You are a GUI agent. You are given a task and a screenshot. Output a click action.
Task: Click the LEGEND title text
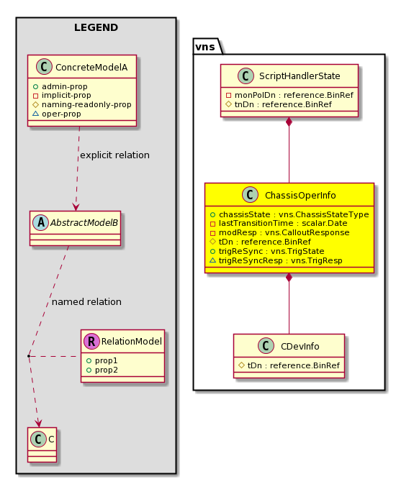pyautogui.click(x=96, y=27)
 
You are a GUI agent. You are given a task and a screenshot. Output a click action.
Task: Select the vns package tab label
pyautogui.click(x=205, y=47)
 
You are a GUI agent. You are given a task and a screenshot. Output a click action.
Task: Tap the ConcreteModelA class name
pyautogui.click(x=91, y=67)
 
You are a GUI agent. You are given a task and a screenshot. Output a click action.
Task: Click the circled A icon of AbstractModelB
pyautogui.click(x=41, y=222)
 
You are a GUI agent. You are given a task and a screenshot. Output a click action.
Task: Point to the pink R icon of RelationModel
pyautogui.click(x=91, y=341)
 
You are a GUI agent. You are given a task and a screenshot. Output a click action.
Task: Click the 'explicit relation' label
pyautogui.click(x=115, y=155)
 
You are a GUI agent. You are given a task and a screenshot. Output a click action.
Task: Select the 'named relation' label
pyautogui.click(x=86, y=301)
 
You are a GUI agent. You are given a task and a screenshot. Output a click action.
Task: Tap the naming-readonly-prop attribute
pyautogui.click(x=86, y=104)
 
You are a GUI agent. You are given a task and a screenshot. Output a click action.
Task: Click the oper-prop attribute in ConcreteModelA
pyautogui.click(x=61, y=114)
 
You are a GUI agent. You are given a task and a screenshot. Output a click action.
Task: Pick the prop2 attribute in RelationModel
pyautogui.click(x=106, y=370)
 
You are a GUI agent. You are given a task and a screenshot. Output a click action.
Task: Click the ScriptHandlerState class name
pyautogui.click(x=300, y=76)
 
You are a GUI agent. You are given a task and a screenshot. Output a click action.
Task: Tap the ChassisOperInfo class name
pyautogui.click(x=300, y=195)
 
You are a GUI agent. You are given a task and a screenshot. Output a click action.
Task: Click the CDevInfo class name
pyautogui.click(x=300, y=346)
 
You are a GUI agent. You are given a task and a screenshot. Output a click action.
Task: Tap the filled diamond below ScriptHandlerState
pyautogui.click(x=289, y=122)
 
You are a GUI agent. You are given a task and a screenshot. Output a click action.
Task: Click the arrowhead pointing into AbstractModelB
pyautogui.click(x=76, y=206)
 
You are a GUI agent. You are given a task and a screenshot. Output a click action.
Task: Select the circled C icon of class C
pyautogui.click(x=39, y=439)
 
